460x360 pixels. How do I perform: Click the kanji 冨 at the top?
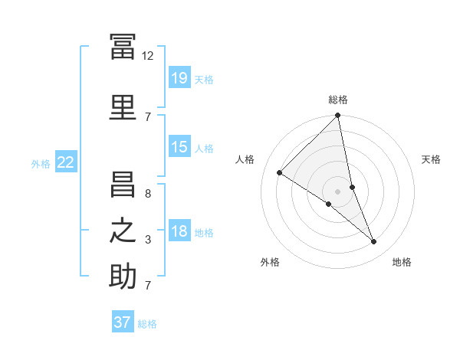pos(123,46)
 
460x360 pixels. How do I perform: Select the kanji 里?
pos(123,107)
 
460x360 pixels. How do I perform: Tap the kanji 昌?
pos(123,184)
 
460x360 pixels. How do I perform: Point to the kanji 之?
pos(123,231)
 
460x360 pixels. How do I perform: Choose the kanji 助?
pos(123,276)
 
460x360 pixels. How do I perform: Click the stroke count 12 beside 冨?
pos(147,56)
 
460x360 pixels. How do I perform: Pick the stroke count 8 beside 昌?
pos(148,194)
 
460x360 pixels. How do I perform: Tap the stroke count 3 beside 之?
pos(148,240)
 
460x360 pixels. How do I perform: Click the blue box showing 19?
pos(180,77)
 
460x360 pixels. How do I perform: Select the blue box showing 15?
pos(180,146)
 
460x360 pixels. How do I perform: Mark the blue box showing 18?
pos(180,230)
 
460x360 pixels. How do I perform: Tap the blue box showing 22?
pos(66,162)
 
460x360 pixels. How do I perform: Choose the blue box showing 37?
pos(123,321)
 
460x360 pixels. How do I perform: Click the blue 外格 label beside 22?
pos(41,164)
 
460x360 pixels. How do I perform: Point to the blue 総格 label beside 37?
pos(147,324)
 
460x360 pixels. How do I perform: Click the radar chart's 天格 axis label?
pos(431,159)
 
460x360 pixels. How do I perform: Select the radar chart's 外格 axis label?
pos(270,262)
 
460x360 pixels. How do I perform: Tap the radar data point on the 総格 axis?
pos(337,115)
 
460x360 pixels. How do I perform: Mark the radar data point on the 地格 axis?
pos(373,241)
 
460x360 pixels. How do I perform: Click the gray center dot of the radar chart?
pos(337,191)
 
